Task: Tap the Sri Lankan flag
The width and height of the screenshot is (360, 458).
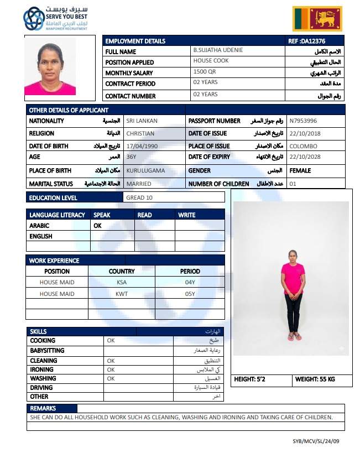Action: tap(317, 18)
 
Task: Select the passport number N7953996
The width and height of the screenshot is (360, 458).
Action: tap(304, 121)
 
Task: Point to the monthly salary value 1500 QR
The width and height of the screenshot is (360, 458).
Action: tap(201, 72)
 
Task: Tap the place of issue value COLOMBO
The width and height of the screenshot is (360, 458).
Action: tap(304, 146)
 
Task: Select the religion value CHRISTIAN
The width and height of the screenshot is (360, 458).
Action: tap(140, 133)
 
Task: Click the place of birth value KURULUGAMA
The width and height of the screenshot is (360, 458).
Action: tap(145, 171)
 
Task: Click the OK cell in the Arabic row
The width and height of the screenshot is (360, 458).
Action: tap(98, 226)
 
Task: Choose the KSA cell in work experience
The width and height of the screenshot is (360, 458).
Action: tap(122, 283)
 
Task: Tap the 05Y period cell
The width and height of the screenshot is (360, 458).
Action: tap(190, 294)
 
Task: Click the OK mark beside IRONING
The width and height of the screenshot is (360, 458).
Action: tap(111, 369)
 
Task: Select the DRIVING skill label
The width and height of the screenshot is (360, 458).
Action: tap(41, 388)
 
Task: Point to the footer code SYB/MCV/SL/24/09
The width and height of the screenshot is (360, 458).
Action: tap(316, 441)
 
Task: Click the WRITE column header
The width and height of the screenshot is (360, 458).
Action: tap(187, 215)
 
